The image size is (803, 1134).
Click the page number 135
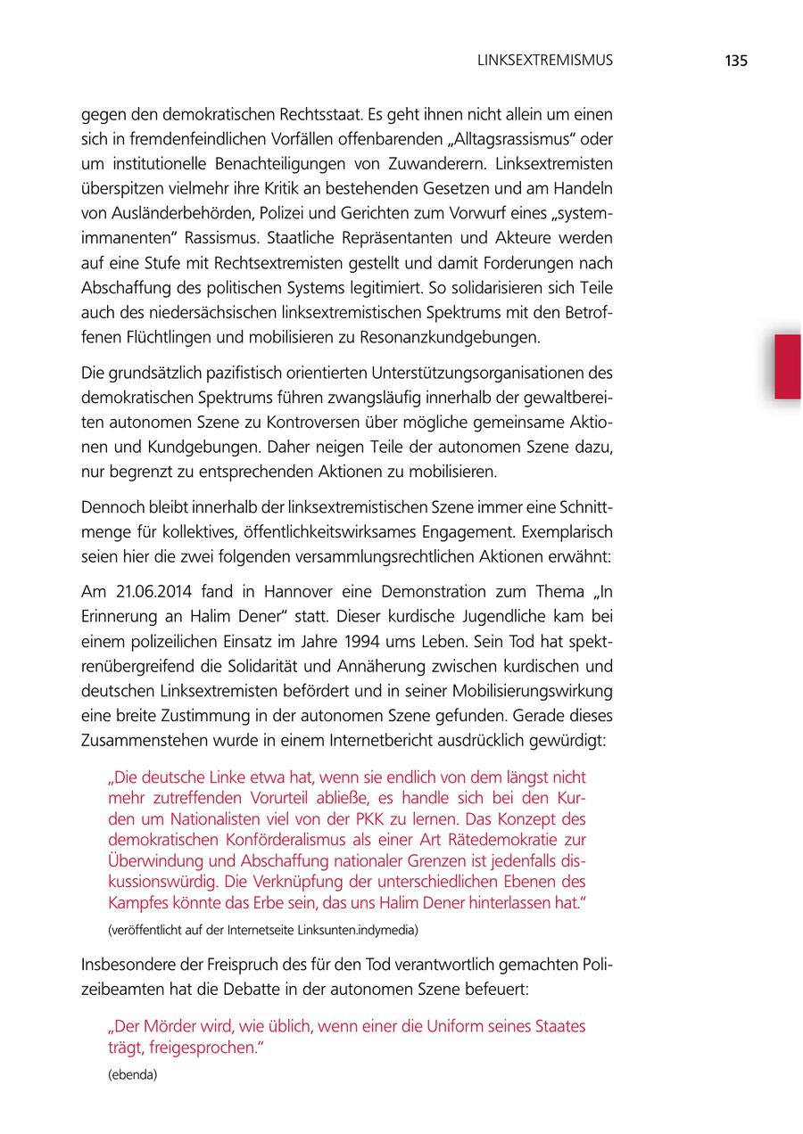[x=735, y=61]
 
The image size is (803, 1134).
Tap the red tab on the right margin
[x=787, y=366]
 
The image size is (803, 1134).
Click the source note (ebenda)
[x=132, y=1074]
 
